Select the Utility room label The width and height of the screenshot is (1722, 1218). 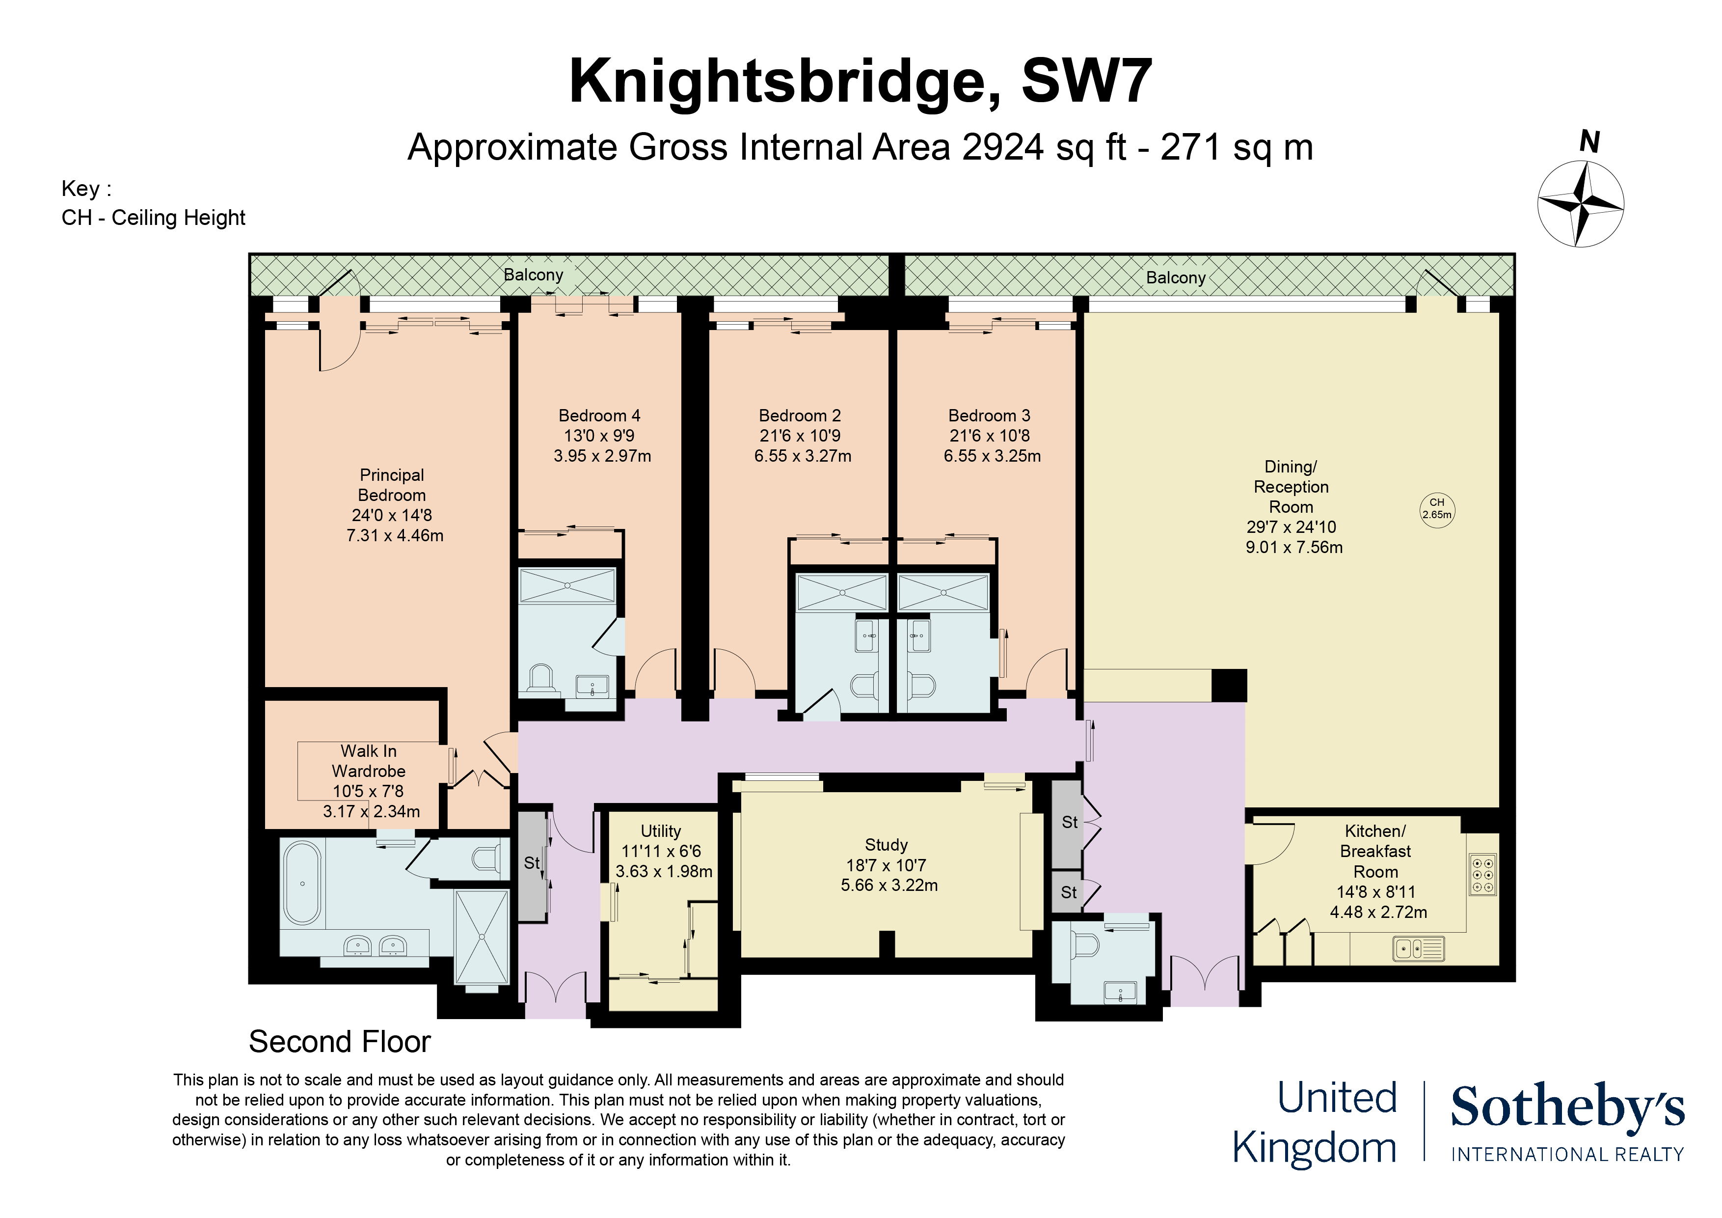tap(660, 831)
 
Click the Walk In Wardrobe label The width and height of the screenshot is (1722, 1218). tap(368, 760)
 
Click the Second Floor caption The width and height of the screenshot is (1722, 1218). tap(339, 1042)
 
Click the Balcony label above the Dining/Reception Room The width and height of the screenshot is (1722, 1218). tap(1175, 277)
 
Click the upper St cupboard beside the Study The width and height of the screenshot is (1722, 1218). tap(1069, 823)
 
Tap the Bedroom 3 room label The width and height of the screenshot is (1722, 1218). tap(989, 415)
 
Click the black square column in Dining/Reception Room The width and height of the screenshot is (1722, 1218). tap(1229, 685)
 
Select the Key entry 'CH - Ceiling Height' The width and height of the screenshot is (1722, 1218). tap(153, 218)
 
